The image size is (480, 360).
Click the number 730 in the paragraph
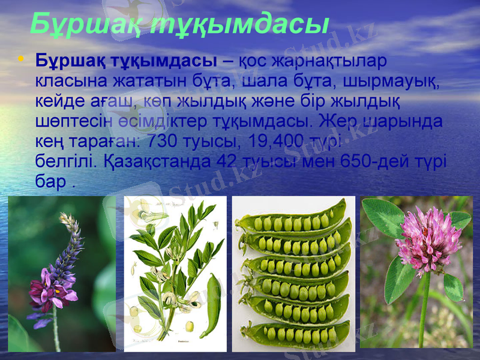pos(163,141)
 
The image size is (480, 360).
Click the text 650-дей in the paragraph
pos(368,161)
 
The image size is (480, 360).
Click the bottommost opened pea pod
pos(297,334)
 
